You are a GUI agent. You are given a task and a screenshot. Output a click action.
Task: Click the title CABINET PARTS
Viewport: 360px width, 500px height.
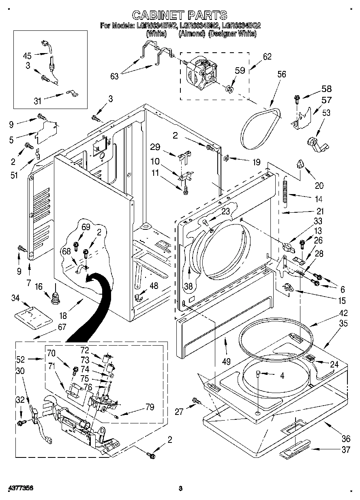click(x=180, y=15)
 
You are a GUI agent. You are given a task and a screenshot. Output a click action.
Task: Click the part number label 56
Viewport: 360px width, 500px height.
click(x=281, y=74)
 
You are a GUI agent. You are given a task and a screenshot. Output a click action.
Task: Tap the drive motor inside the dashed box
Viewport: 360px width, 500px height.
click(x=203, y=73)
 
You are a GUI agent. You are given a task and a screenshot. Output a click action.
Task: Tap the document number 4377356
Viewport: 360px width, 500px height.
click(x=19, y=489)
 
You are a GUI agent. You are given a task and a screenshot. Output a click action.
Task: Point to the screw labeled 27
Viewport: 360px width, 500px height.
click(x=197, y=401)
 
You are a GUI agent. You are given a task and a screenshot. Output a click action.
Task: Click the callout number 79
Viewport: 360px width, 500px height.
click(x=150, y=407)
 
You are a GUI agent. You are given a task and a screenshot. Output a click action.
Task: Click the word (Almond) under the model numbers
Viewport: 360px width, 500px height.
click(x=192, y=34)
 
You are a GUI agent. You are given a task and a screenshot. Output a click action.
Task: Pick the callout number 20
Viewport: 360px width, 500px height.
click(x=319, y=186)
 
